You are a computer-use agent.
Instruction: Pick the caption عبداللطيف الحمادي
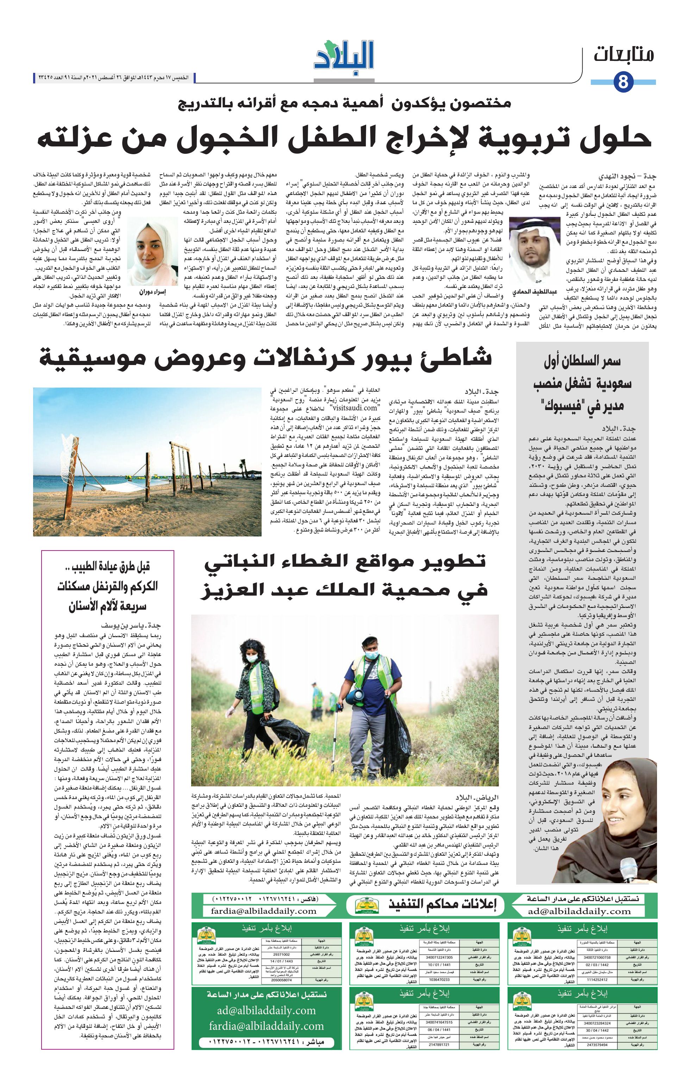click(534, 292)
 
